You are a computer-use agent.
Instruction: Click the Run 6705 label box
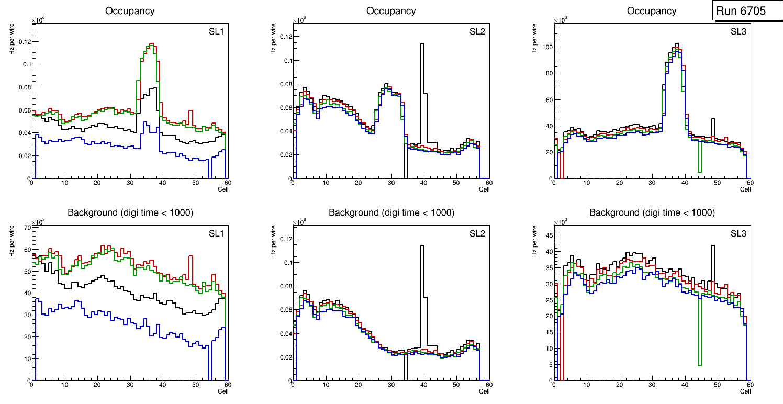pyautogui.click(x=747, y=11)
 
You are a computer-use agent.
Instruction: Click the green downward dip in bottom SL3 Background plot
pyautogui.click(x=699, y=365)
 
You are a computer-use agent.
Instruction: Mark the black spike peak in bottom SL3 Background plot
pyautogui.click(x=712, y=246)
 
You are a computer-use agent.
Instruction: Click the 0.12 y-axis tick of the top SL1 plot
pyautogui.click(x=24, y=42)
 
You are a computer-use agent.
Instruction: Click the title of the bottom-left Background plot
pyautogui.click(x=130, y=212)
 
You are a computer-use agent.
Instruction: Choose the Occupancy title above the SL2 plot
pyautogui.click(x=391, y=10)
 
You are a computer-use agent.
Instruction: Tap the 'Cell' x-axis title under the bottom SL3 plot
pyautogui.click(x=745, y=391)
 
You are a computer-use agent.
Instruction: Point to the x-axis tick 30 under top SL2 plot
pyautogui.click(x=390, y=183)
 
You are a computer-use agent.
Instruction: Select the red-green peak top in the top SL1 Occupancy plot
pyautogui.click(x=151, y=44)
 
